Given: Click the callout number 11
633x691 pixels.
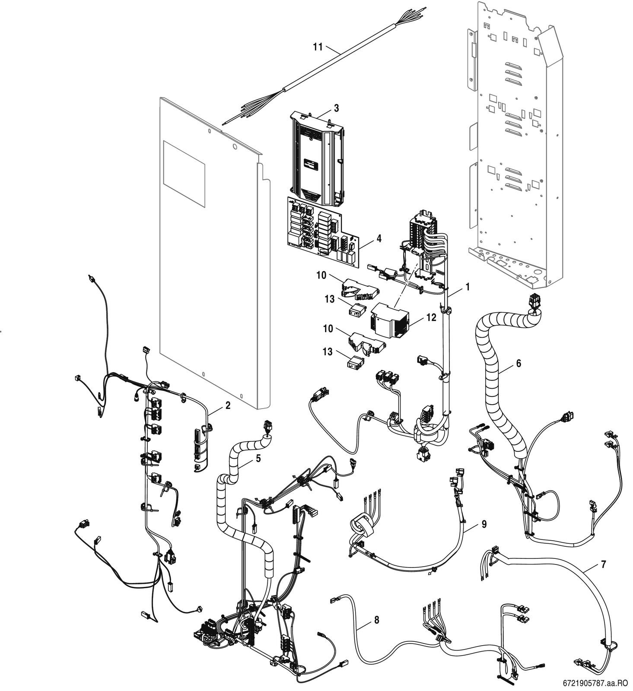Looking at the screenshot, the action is point(318,47).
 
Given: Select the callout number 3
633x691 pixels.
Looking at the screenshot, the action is point(336,108).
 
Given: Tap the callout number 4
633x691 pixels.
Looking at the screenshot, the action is point(379,238).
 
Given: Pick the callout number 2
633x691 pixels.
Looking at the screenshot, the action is point(228,405).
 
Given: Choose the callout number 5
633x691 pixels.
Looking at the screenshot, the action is point(258,458).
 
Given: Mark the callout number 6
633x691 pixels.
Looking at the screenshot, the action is point(518,363).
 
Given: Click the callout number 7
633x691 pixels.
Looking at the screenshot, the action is point(603,564).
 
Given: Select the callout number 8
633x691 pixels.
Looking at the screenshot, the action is point(377,620).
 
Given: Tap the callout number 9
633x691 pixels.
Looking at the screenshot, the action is point(484,524).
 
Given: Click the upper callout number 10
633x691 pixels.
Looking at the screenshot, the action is point(321,275).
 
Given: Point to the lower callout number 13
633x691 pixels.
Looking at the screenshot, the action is point(328,352).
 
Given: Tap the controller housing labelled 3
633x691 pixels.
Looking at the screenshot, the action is point(317,158).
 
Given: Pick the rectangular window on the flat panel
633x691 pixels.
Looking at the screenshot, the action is point(184,174).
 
